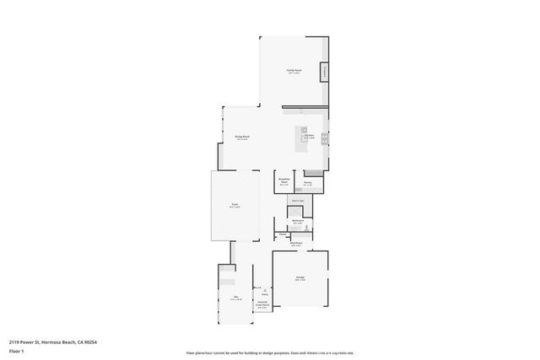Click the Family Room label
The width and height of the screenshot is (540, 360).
(x=294, y=71)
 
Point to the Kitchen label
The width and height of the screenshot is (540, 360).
(x=310, y=136)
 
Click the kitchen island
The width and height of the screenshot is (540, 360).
(x=302, y=138)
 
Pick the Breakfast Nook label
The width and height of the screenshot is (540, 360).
(x=284, y=181)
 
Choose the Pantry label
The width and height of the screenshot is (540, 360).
(x=308, y=182)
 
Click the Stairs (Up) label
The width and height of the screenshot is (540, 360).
(x=297, y=201)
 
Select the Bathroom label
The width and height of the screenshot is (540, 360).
(x=297, y=221)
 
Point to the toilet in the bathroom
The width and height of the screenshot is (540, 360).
(x=307, y=228)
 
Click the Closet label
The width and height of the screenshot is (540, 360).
(x=283, y=234)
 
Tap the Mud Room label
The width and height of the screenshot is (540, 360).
(x=296, y=244)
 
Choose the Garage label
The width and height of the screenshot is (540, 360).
(x=300, y=278)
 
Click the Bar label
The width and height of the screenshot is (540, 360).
(x=237, y=298)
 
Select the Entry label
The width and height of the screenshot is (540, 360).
(x=264, y=294)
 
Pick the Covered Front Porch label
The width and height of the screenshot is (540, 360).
(x=262, y=305)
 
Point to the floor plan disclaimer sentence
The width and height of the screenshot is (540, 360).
(x=270, y=352)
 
